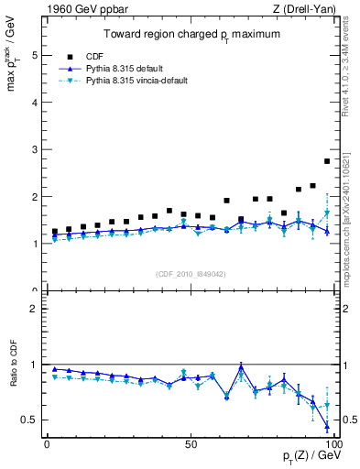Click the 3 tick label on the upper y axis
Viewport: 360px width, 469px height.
click(34, 149)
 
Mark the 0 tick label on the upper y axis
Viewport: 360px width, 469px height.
click(34, 291)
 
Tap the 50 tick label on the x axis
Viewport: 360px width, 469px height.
click(190, 444)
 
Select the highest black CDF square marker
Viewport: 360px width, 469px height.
click(327, 161)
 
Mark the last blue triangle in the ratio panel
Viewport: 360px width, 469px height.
click(327, 427)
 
